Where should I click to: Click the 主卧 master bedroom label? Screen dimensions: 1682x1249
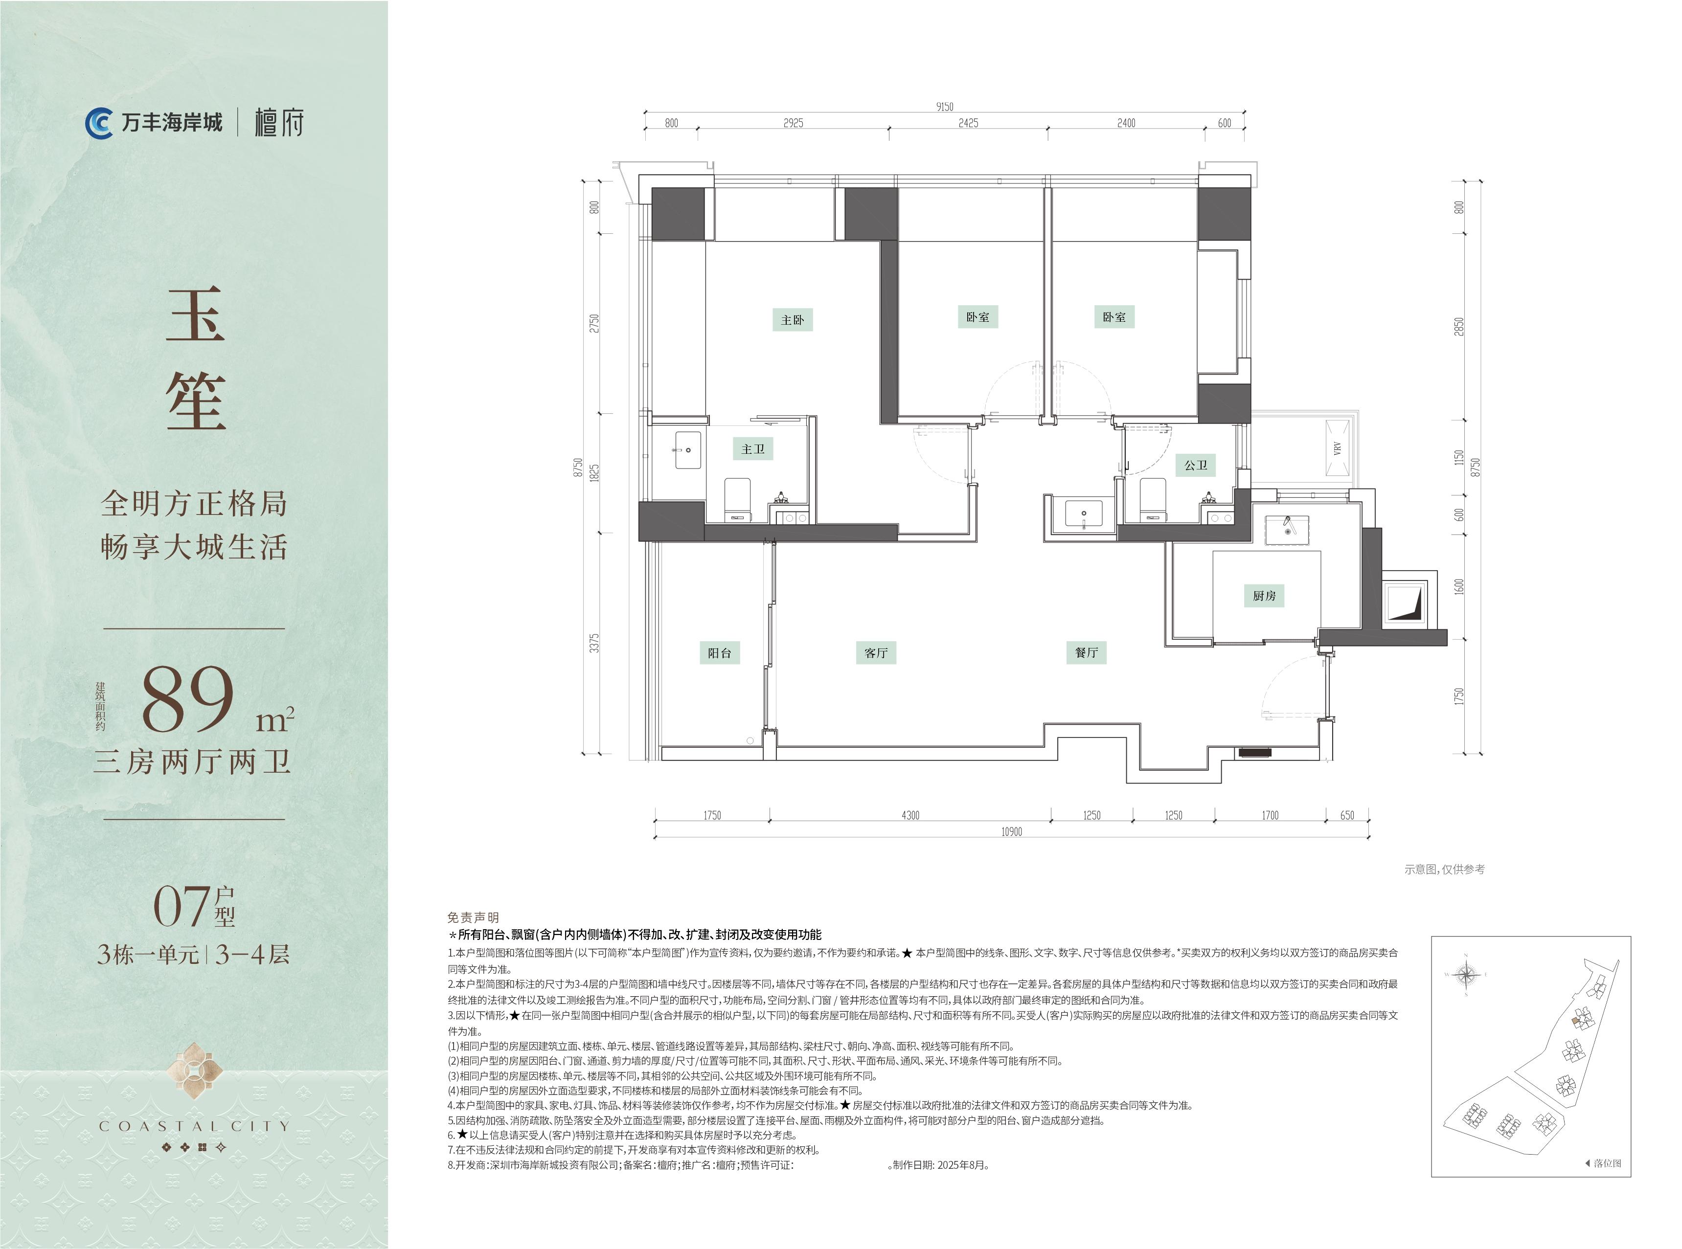pos(792,320)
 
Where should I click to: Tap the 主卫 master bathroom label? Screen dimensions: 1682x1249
pos(752,449)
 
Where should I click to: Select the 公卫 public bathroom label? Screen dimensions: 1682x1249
pos(1196,465)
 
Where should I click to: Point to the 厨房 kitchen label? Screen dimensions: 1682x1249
pos(1264,596)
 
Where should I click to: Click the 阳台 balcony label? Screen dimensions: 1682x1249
pos(719,652)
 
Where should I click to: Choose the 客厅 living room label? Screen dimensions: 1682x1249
pos(876,652)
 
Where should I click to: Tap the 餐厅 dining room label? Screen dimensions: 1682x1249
pos(1086,652)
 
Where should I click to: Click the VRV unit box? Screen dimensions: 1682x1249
pos(1337,448)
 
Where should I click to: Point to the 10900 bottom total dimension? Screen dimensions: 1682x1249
pos(1011,832)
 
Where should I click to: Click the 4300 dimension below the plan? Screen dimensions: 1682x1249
pos(910,815)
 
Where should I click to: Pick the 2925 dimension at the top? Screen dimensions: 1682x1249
pos(794,122)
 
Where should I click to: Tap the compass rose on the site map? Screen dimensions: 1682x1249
pos(1466,975)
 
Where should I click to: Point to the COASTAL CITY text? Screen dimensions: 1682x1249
pos(194,1126)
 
